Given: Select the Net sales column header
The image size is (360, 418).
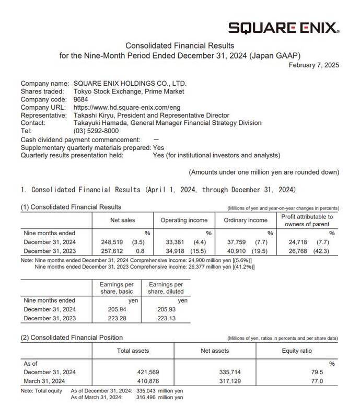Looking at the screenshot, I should pos(123,220).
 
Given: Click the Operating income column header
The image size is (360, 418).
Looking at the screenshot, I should pos(183,220).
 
